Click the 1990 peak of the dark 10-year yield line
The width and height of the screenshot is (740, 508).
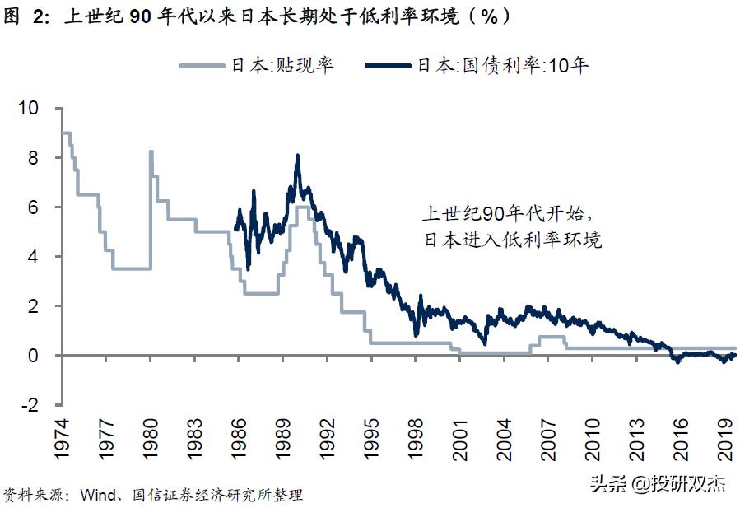point(297,156)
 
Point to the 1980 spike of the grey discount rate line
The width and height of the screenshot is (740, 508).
point(151,151)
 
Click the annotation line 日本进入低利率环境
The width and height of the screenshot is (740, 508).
point(512,240)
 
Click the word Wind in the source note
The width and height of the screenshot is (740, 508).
point(99,495)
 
